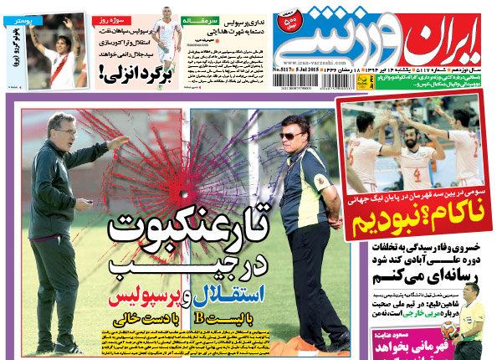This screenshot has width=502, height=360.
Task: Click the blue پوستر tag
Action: pyautogui.click(x=18, y=17)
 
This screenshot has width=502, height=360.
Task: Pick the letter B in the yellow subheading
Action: pyautogui.click(x=223, y=320)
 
